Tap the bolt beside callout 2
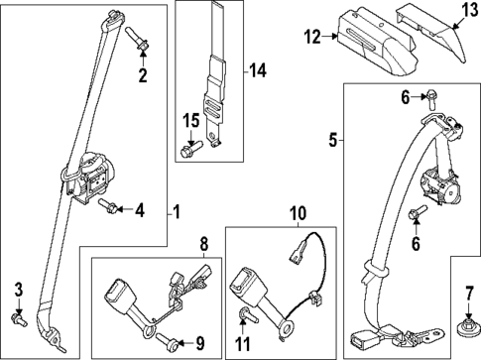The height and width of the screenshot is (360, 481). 136,40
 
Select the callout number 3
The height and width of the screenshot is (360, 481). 18,289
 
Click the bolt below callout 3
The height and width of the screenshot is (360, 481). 18,318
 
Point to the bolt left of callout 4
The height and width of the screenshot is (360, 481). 109,207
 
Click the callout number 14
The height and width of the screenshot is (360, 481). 259,70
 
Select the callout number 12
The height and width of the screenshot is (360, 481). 313,39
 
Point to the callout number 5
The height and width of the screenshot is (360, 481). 332,140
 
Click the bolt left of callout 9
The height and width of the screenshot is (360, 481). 164,340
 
